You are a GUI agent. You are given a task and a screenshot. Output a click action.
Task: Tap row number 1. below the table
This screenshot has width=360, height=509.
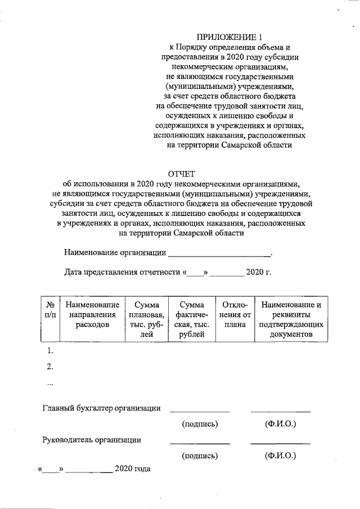pos(49,351)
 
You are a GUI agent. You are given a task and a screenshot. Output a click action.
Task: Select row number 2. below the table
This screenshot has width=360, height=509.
pos(49,367)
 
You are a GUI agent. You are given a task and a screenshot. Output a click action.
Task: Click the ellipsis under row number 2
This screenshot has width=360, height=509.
pos(49,384)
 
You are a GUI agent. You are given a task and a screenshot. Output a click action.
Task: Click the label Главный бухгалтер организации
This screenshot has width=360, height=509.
pos(102,408)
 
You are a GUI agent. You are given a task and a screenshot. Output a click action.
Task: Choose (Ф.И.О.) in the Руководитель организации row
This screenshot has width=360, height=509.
pos(280,456)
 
